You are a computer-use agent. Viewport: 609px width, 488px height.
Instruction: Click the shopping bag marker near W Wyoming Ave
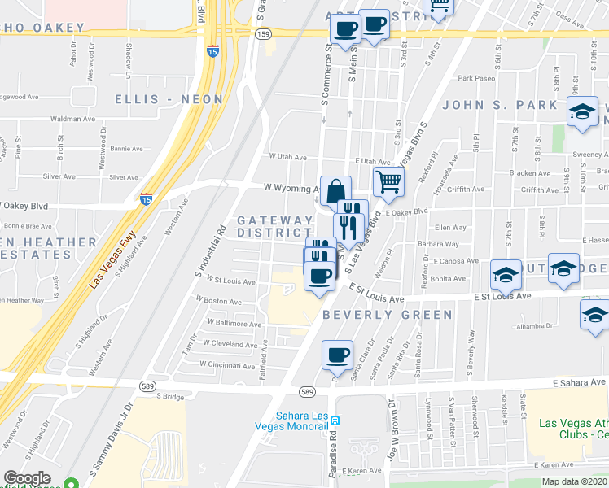pyautogui.click(x=335, y=193)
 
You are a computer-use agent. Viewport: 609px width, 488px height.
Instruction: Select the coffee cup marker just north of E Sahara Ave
pyautogui.click(x=337, y=355)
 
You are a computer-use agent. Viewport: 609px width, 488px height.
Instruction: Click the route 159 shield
pyautogui.click(x=262, y=33)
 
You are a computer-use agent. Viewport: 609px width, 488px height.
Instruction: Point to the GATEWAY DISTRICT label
pyautogui.click(x=275, y=227)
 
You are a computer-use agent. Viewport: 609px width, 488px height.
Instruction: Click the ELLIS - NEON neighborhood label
pyautogui.click(x=169, y=99)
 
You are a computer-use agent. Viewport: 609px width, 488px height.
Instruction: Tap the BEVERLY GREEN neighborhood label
pyautogui.click(x=387, y=315)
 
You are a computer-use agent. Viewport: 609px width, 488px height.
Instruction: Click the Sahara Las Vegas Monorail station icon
pyautogui.click(x=334, y=418)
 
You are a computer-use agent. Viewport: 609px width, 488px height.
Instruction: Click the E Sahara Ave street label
pyautogui.click(x=579, y=382)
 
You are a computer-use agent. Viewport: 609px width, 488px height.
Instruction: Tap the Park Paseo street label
pyautogui.click(x=476, y=79)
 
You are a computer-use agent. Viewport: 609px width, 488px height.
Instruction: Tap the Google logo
pyautogui.click(x=27, y=478)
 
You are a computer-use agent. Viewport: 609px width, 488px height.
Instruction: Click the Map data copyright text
pyautogui.click(x=573, y=481)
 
